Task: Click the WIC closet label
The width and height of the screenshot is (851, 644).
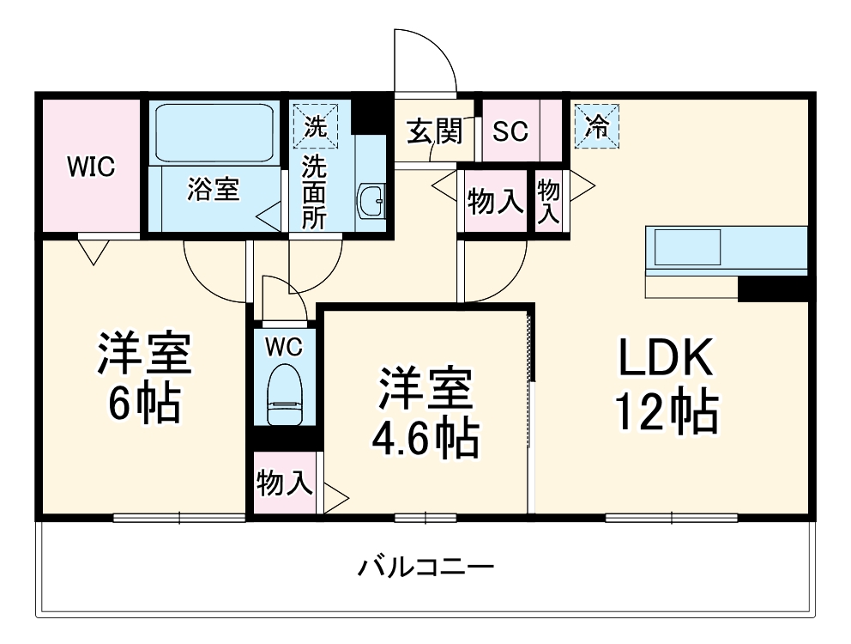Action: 91,167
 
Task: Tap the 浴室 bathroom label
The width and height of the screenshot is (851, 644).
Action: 213,190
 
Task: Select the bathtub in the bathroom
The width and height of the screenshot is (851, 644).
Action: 214,133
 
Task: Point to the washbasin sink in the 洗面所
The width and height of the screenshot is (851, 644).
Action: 372,202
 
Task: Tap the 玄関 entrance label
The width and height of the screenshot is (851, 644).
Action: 434,131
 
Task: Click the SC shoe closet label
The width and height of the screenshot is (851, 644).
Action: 510,131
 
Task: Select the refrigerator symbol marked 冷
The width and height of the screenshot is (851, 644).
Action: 597,126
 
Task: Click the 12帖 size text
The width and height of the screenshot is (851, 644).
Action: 665,415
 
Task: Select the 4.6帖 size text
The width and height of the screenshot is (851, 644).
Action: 424,439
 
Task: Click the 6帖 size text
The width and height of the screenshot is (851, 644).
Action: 143,403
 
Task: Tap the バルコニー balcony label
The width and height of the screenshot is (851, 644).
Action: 425,567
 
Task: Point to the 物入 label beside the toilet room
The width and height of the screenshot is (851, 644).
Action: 283,483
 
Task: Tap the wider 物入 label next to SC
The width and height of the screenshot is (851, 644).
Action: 495,202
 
